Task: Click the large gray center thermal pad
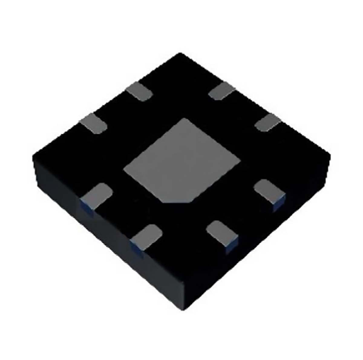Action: [181, 160]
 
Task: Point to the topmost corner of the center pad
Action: [181, 119]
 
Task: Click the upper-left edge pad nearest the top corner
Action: [139, 91]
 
